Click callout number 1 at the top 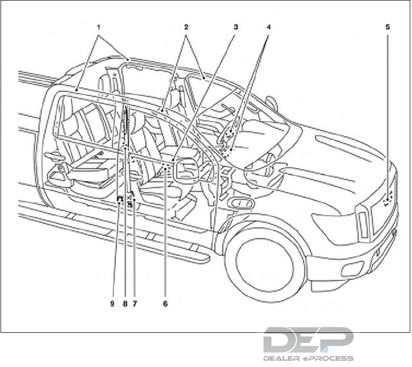[98, 27]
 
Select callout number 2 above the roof [186, 27]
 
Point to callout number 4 [268, 27]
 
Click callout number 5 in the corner [388, 27]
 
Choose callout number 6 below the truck [165, 304]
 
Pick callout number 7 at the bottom [135, 304]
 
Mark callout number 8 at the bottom [125, 304]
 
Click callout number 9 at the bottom [113, 304]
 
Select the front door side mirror [241, 203]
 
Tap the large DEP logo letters [308, 341]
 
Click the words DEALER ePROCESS [308, 358]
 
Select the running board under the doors [114, 233]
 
